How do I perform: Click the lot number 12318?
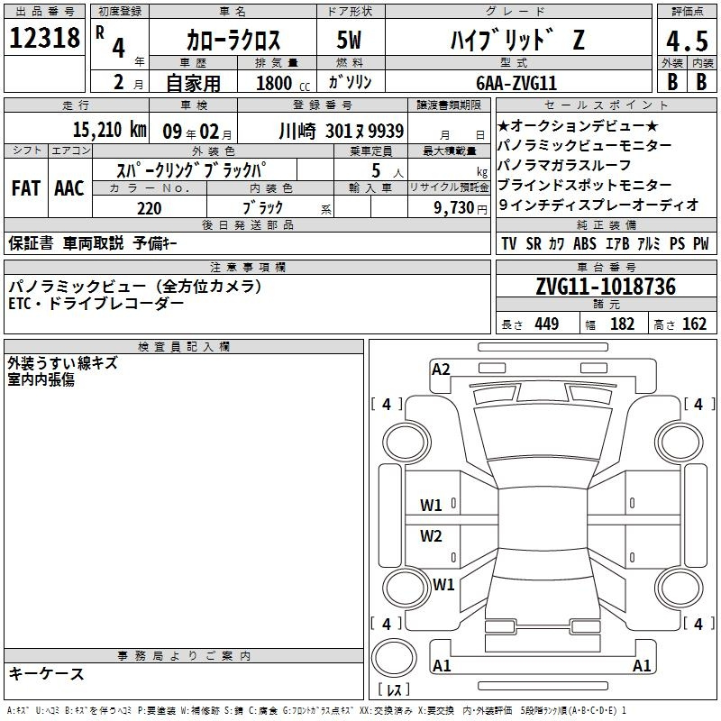tap(44, 38)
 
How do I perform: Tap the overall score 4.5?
tap(687, 41)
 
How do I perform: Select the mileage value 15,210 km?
tap(109, 130)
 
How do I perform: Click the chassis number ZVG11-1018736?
tap(606, 287)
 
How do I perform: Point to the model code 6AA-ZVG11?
tap(516, 83)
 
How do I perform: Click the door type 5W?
tap(349, 40)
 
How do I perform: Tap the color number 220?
tap(150, 208)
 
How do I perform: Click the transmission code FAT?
tap(26, 188)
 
